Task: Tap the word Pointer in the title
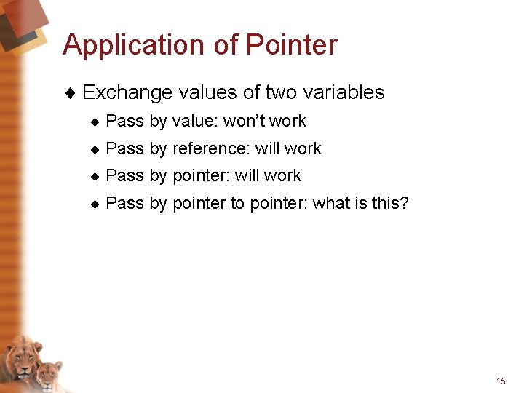click(x=292, y=45)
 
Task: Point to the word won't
click(x=245, y=121)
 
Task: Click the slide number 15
click(x=501, y=381)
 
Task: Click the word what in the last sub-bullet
click(x=332, y=203)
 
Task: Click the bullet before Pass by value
click(x=94, y=122)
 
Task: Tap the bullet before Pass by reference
click(x=94, y=149)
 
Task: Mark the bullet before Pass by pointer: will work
click(x=94, y=176)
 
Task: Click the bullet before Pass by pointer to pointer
click(x=94, y=204)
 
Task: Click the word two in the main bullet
click(x=281, y=92)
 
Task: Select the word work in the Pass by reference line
click(x=303, y=148)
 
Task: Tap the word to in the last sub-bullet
click(x=237, y=203)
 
